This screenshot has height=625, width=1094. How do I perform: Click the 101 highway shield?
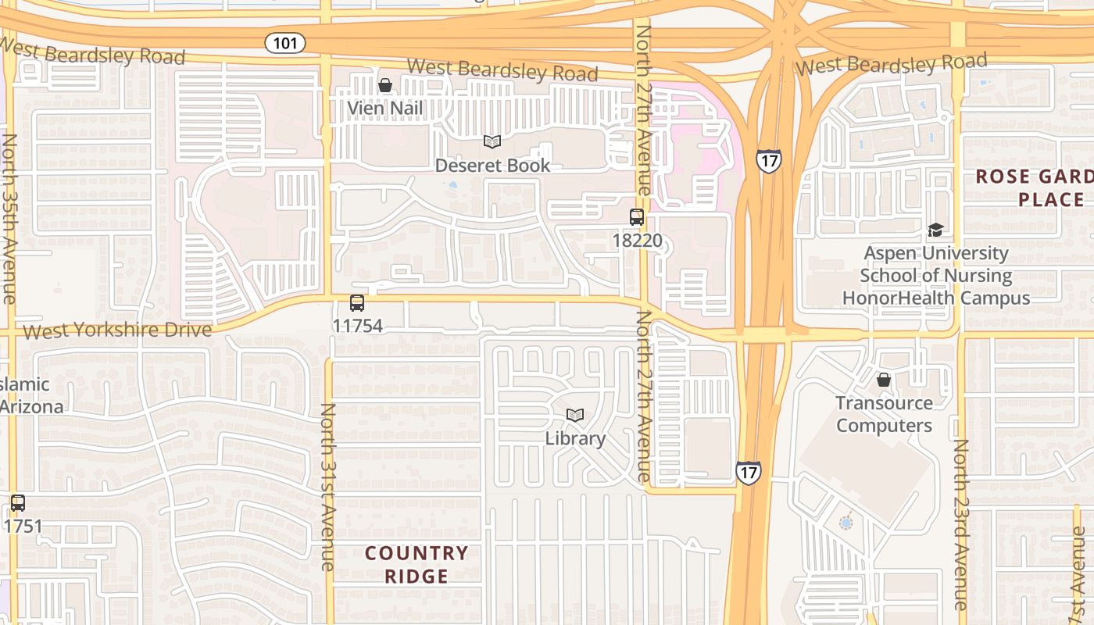pos(285,42)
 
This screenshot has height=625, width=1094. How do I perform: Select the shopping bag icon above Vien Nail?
pos(385,85)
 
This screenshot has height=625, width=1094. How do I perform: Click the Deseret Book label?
pos(492,165)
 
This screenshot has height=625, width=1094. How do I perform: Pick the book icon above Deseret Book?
pos(492,141)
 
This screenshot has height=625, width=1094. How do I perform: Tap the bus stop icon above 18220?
pos(637,217)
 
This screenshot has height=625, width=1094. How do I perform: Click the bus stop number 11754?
pos(358,325)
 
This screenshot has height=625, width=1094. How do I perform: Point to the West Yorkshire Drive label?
pos(117,330)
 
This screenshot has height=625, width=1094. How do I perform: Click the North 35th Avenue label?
pos(9,219)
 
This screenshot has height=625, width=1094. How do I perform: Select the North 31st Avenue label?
pos(328,486)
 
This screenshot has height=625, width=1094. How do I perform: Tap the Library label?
pos(575,438)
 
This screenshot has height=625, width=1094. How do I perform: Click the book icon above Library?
pos(575,415)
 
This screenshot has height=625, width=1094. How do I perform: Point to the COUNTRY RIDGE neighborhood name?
pos(417,565)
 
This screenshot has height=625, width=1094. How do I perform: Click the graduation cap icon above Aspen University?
pos(935,230)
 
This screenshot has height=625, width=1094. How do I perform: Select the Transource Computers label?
pos(884,414)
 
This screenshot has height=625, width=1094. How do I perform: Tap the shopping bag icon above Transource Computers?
pos(884,380)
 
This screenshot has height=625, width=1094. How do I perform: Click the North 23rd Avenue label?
pos(961,523)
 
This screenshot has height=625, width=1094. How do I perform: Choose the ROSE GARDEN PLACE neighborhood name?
pos(1033,187)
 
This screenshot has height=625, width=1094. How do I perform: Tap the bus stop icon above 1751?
pos(17,503)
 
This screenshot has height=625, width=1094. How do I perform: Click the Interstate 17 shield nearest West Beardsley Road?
pos(768,161)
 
